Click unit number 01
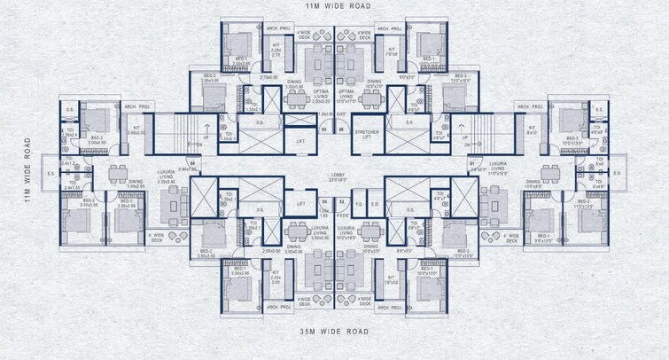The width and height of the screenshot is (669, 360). (x=472, y=163)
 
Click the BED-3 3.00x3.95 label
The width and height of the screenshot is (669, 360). (x=96, y=139)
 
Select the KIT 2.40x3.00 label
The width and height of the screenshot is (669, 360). (x=136, y=131)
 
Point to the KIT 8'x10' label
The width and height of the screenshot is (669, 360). (x=532, y=131)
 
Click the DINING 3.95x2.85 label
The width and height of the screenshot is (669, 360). (x=136, y=184)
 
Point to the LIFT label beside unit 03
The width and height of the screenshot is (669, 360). (x=300, y=204)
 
